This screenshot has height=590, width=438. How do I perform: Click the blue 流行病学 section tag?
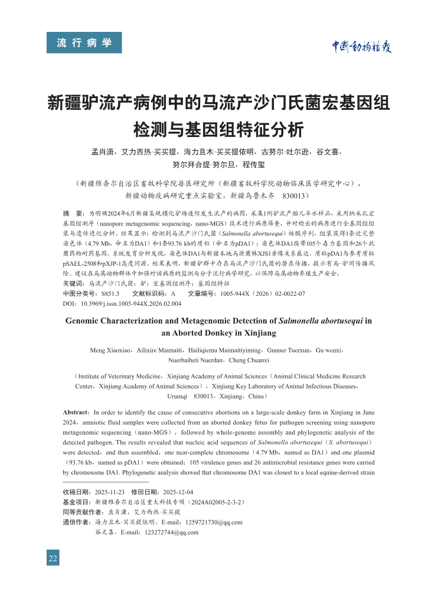tap(84, 43)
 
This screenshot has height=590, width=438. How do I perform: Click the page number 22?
tap(53, 558)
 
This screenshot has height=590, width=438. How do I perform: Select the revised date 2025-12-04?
tap(178, 492)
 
